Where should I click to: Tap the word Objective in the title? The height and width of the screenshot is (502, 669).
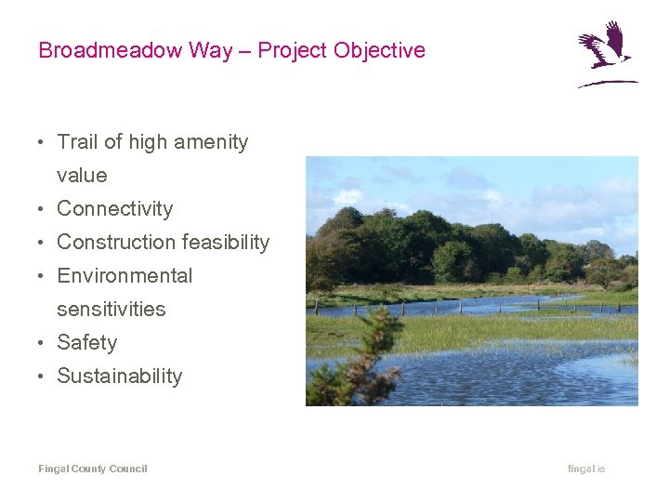pos(378,50)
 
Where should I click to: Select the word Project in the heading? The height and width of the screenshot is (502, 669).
pos(291,50)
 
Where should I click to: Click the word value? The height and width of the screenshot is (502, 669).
pos(82,176)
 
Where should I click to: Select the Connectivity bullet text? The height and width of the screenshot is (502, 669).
pos(115,209)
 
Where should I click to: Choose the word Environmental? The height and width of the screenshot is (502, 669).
pos(125,276)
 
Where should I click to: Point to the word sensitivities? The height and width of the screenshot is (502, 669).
pos(111,310)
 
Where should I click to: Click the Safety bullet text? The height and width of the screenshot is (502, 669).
pos(87,343)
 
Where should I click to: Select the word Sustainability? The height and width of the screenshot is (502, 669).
pos(119,376)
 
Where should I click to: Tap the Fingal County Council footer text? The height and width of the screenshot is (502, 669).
pos(93,469)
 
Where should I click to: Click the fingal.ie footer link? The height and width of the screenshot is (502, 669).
pos(586,469)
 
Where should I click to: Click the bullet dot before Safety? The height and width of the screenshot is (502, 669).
pos(43,343)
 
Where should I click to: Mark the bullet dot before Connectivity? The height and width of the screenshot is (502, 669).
pos(43,209)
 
